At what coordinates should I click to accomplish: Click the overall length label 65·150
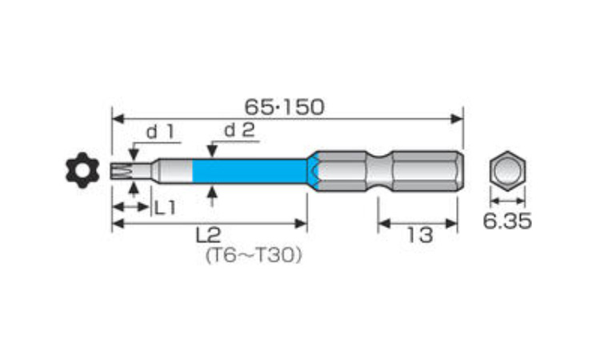[x=284, y=107]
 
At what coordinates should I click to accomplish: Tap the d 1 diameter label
[x=161, y=132]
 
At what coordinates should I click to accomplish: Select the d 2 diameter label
[x=239, y=130]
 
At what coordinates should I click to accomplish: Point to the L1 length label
[x=165, y=208]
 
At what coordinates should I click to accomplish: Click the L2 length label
[x=209, y=235]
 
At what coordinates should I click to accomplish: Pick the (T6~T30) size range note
[x=254, y=255]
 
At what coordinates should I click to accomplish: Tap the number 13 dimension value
[x=419, y=234]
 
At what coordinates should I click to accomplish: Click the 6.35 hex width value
[x=507, y=221]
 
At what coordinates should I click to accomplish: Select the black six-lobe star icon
[x=82, y=170]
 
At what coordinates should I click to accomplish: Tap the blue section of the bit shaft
[x=250, y=170]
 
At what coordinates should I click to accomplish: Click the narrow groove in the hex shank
[x=379, y=170]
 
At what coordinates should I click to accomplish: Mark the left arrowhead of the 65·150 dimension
[x=118, y=118]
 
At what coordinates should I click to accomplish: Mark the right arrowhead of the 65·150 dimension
[x=457, y=118]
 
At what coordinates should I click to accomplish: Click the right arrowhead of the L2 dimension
[x=301, y=223]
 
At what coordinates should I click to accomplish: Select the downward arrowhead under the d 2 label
[x=212, y=151]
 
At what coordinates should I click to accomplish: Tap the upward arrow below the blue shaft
[x=212, y=195]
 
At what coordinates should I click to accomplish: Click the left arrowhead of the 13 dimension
[x=384, y=223]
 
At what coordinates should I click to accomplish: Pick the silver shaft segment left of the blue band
[x=175, y=170]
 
